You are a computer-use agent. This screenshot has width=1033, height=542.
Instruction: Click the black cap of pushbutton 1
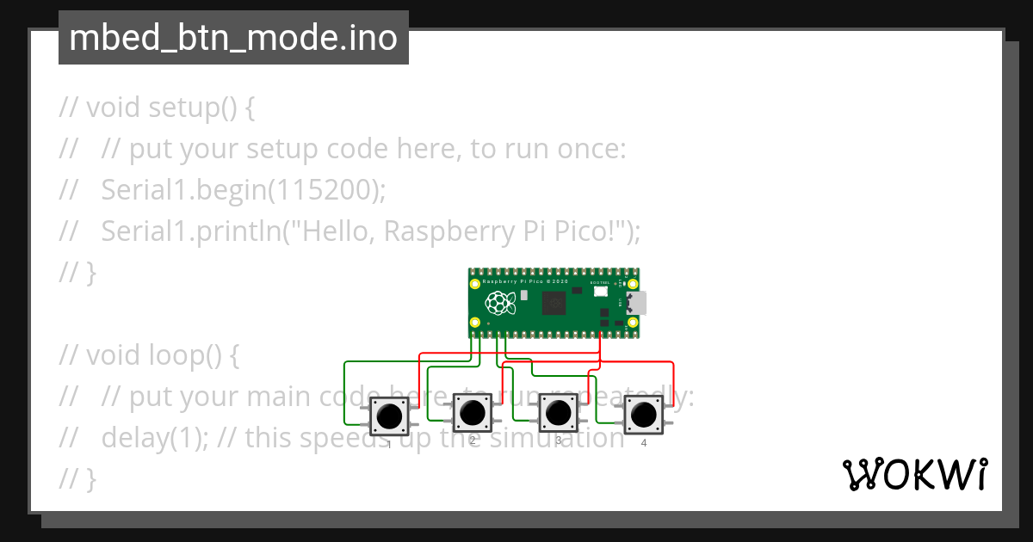click(389, 416)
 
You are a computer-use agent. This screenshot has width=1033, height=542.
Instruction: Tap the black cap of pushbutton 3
click(558, 415)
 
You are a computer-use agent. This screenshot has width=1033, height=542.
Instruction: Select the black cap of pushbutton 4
click(642, 416)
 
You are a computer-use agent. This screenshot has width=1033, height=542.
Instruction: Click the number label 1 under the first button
click(389, 444)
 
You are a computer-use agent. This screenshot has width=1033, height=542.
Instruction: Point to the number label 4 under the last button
click(643, 443)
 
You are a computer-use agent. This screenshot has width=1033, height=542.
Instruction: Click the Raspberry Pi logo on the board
click(499, 303)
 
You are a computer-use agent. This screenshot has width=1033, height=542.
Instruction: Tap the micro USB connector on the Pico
click(638, 303)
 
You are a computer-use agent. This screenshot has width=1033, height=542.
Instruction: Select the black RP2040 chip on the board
click(553, 303)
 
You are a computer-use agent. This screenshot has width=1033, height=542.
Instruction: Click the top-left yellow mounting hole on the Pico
click(474, 283)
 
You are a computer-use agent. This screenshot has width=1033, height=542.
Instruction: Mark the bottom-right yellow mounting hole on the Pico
click(633, 323)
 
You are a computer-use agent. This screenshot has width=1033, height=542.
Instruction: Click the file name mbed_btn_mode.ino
click(232, 39)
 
